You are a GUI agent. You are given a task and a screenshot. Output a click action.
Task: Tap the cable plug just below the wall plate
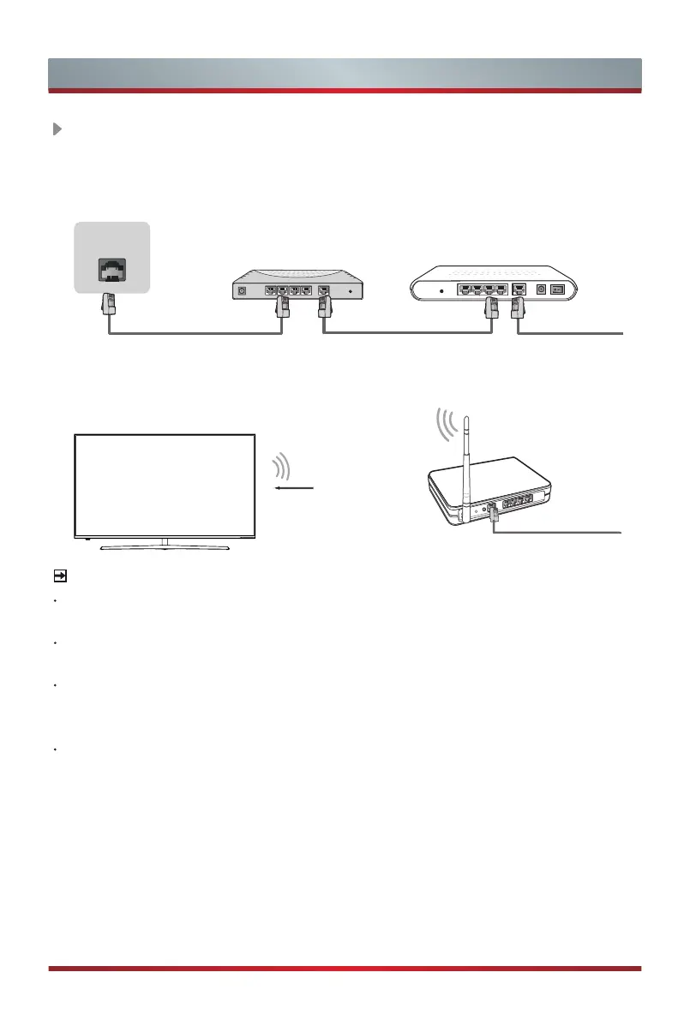pos(110,303)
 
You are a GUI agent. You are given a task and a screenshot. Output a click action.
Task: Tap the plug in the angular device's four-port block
pos(282,300)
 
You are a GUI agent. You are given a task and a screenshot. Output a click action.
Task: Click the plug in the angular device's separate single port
pos(324,300)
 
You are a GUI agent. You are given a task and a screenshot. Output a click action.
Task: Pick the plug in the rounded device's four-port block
pos(491,301)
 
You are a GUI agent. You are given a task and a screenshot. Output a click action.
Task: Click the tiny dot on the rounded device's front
pos(441,290)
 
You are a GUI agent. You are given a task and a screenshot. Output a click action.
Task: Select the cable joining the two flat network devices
pos(408,335)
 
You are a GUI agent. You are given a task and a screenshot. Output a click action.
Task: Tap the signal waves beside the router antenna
pos(445,423)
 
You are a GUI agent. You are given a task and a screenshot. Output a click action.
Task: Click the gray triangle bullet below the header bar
pos(57,129)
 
